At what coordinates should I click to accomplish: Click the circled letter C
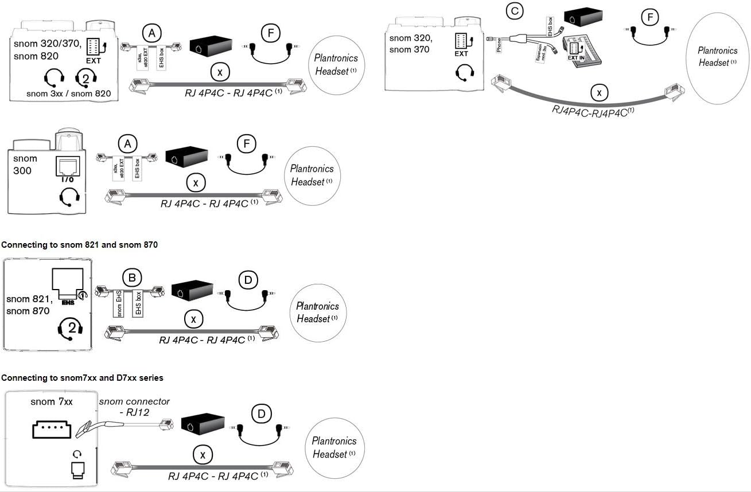coord(513,10)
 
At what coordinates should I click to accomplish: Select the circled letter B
coord(132,278)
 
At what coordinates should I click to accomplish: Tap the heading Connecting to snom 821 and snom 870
coord(79,245)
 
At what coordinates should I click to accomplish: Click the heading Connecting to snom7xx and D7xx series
coord(82,378)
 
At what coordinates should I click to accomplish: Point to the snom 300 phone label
coord(25,165)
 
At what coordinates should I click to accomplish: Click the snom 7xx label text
coord(52,401)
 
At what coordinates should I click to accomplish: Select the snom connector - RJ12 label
coord(134,407)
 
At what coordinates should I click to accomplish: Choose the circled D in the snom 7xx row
coord(262,413)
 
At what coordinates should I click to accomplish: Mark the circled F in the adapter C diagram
coord(649,18)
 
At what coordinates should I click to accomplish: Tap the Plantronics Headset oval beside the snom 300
coord(312,175)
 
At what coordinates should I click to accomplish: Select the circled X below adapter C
coord(599,92)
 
